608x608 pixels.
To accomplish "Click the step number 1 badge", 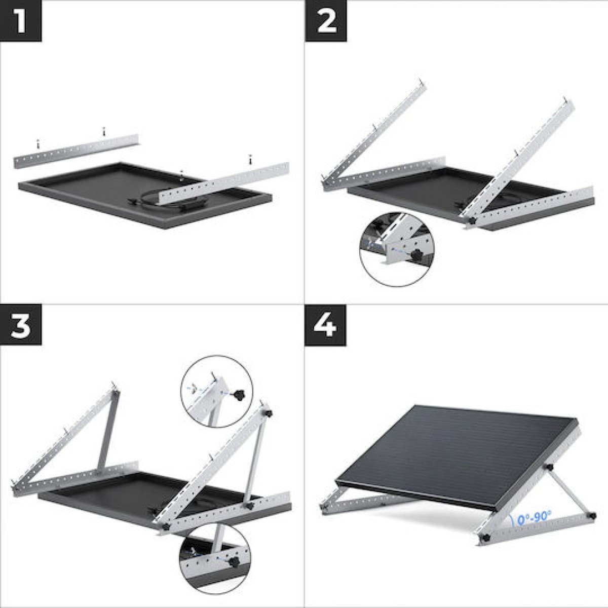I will click(20, 20).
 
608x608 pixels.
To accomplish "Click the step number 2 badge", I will click(326, 20).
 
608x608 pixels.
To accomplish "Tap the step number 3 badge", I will click(20, 326).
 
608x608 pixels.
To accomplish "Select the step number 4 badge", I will click(326, 326).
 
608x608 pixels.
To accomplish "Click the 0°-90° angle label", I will click(534, 518).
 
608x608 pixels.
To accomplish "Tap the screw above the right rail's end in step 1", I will click(250, 159).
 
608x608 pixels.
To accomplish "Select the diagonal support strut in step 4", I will click(565, 491).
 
